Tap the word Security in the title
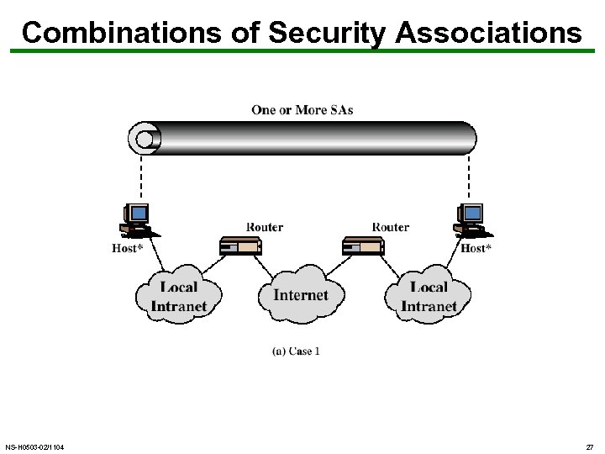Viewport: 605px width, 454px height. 327,33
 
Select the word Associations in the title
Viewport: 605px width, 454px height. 487,33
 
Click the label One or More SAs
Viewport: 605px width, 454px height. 302,110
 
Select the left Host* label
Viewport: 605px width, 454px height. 127,248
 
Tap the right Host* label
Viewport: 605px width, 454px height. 476,248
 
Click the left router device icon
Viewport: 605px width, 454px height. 240,245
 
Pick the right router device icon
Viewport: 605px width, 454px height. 363,245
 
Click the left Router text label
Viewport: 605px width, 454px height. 264,227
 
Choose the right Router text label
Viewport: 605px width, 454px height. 390,227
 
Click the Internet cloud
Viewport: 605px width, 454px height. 301,295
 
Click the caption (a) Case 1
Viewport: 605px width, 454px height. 296,351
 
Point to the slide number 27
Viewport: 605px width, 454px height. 589,446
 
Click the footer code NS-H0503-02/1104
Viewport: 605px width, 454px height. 34,446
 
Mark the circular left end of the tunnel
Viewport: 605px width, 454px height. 145,139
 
